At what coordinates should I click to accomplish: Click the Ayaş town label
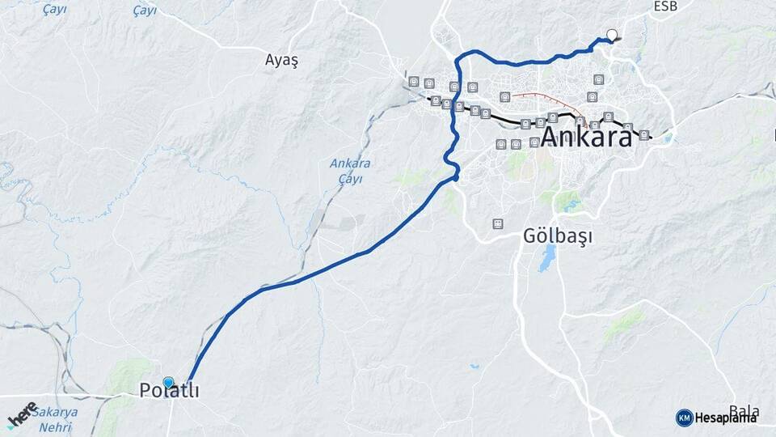(x=281, y=60)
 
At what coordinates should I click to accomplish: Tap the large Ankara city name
(x=586, y=138)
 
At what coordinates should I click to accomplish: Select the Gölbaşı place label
(x=558, y=237)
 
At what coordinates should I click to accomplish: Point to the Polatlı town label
(x=169, y=391)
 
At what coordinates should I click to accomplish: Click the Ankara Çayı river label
(x=350, y=171)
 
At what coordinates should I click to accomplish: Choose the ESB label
(x=665, y=6)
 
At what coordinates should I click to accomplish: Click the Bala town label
(x=744, y=411)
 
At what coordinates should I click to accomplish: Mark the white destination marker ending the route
(x=612, y=35)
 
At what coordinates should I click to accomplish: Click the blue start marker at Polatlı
(x=168, y=382)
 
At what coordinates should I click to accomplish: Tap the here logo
(x=22, y=415)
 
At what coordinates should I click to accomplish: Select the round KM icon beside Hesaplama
(x=684, y=418)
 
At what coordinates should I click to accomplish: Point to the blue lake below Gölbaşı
(x=548, y=258)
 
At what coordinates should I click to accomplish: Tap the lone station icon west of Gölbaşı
(x=497, y=223)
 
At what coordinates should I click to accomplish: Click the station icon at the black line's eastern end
(x=643, y=135)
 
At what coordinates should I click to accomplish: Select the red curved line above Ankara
(x=550, y=100)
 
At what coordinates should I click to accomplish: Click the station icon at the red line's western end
(x=505, y=97)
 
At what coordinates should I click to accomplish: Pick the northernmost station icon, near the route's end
(x=598, y=79)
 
